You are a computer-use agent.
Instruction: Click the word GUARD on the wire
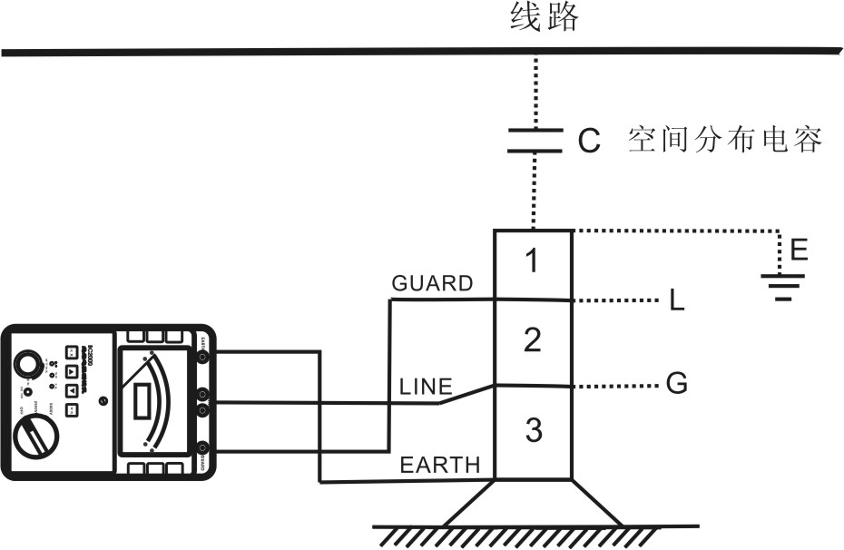(x=432, y=283)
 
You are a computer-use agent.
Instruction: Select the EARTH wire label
(x=440, y=466)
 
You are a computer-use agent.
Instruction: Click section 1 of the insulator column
(x=533, y=261)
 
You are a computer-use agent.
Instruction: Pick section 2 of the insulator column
(x=533, y=340)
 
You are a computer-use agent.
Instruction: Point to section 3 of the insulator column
(x=533, y=429)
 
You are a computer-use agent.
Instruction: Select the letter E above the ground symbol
(x=799, y=250)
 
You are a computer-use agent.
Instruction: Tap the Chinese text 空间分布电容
(x=725, y=141)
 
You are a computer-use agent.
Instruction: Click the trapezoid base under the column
(x=534, y=503)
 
